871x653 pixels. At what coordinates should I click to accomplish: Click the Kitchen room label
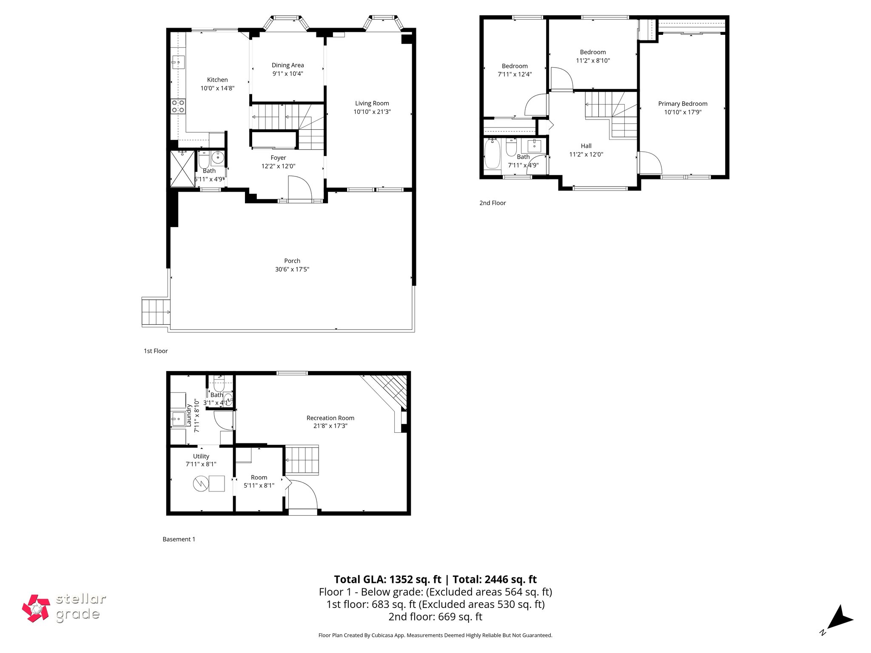click(x=217, y=80)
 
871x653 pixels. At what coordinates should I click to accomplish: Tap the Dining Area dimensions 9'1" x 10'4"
click(x=287, y=74)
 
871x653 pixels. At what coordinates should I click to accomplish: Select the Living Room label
click(x=372, y=103)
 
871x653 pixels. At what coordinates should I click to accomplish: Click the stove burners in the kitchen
click(x=178, y=106)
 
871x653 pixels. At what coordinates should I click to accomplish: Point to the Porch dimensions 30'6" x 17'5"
click(x=292, y=269)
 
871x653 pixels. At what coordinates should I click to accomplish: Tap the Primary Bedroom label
click(x=683, y=104)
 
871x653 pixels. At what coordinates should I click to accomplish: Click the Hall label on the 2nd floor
click(x=586, y=146)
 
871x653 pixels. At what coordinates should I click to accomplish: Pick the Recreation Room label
click(x=330, y=418)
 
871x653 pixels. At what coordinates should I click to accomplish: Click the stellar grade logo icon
click(x=36, y=608)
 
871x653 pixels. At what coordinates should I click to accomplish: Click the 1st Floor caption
click(x=156, y=351)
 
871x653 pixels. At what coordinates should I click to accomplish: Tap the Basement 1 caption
click(x=179, y=539)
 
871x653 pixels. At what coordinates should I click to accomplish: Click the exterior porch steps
click(x=155, y=312)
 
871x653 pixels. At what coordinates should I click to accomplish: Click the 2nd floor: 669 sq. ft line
click(x=435, y=616)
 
